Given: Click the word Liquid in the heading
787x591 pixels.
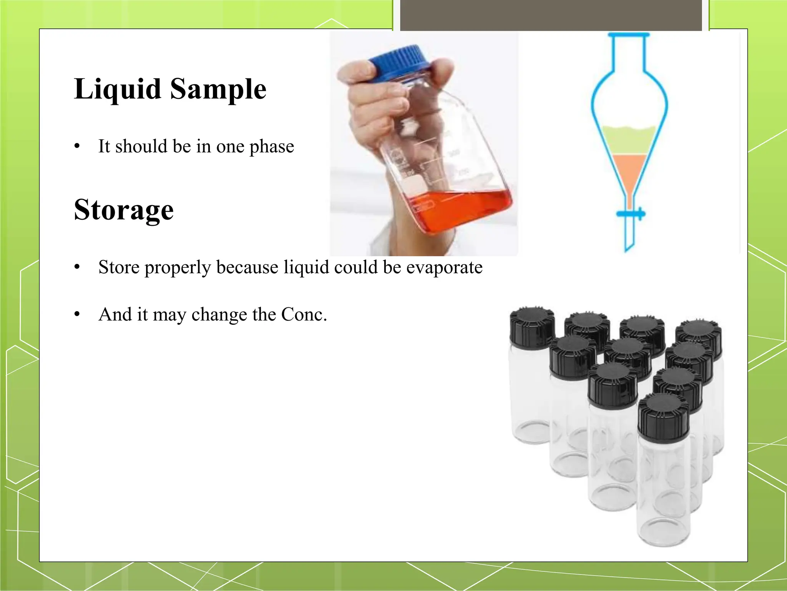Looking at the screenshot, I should click(x=117, y=89).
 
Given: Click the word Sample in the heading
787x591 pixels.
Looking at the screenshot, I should click(x=218, y=89).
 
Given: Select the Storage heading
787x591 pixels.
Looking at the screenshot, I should click(x=124, y=210).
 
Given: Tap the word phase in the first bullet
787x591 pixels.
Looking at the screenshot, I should click(x=271, y=147).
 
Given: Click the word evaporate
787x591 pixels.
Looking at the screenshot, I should click(x=444, y=267).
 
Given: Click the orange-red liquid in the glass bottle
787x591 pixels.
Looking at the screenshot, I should click(x=461, y=210).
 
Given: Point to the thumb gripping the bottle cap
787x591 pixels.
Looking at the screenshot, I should click(x=355, y=71).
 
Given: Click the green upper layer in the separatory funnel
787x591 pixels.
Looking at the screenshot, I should click(x=629, y=141).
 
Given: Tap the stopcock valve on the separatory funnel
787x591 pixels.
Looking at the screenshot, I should click(x=631, y=214).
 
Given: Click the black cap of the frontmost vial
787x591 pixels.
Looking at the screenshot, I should click(x=663, y=417).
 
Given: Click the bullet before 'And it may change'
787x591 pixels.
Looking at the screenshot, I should click(x=77, y=315).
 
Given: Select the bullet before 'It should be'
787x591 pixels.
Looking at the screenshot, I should click(x=77, y=147).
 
